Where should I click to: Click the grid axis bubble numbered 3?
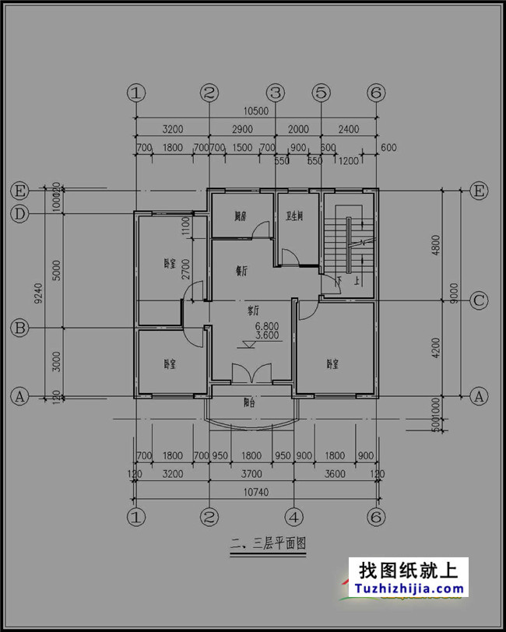274,93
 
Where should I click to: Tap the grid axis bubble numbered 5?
321,93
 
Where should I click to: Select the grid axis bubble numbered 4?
293,516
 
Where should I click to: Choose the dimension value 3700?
251,473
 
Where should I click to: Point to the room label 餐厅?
241,271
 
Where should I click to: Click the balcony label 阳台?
251,402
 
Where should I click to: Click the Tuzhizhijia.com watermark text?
411,590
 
